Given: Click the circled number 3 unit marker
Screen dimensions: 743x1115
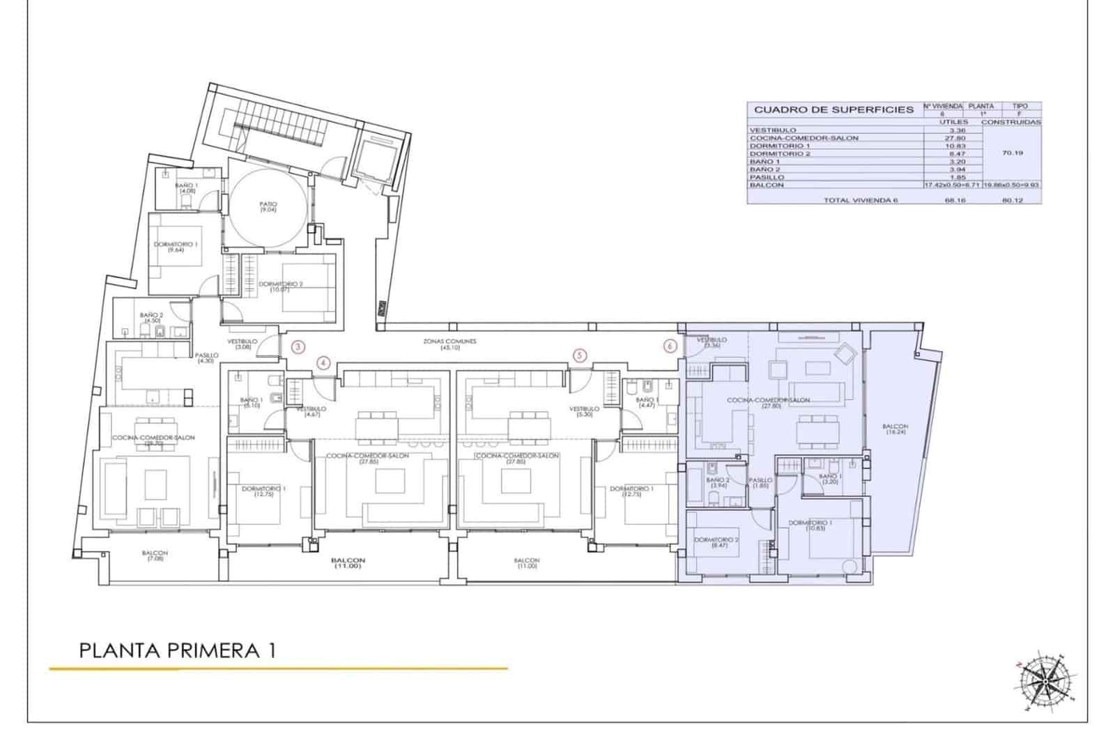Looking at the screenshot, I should [x=298, y=346].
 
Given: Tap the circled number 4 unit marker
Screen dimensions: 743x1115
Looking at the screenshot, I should [x=323, y=362].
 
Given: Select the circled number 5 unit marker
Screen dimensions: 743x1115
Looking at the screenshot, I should [x=580, y=355].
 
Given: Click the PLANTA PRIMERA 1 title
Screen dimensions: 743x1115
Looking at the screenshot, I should [x=178, y=650].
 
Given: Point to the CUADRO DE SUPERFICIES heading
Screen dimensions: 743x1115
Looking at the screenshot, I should [x=833, y=109].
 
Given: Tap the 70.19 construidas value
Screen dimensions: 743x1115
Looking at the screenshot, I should [x=1012, y=153].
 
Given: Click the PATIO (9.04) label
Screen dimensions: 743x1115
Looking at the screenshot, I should [x=268, y=207].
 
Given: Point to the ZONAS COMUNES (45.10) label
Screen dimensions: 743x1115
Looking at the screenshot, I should [x=449, y=344].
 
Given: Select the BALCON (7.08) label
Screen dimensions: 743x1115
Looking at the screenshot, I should [x=155, y=556].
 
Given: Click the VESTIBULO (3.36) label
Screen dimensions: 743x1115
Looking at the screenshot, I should [x=712, y=342].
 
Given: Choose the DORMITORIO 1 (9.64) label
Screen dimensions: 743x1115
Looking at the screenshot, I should [x=176, y=247].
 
